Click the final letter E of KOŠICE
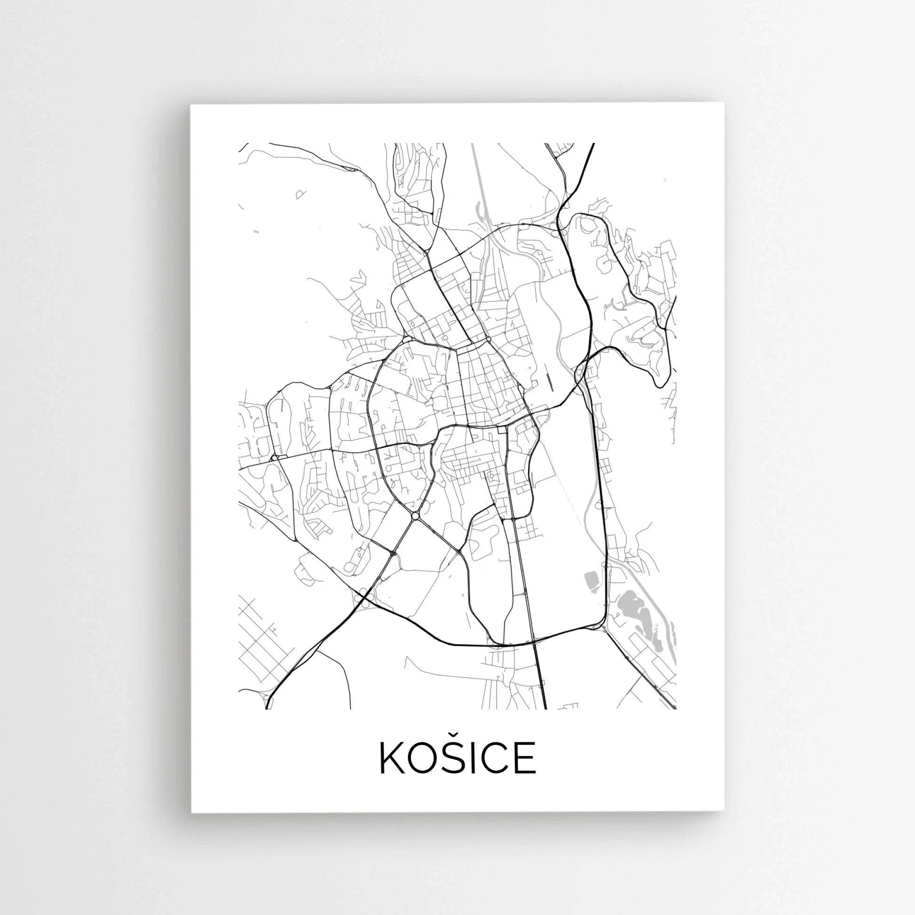[x=526, y=758]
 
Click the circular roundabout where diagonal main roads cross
[x=415, y=515]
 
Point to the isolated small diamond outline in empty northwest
[x=300, y=194]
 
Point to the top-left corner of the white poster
[x=190, y=105]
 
